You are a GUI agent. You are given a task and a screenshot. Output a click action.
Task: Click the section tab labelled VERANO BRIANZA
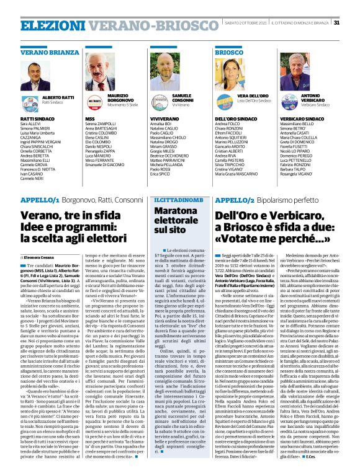[x=43, y=53]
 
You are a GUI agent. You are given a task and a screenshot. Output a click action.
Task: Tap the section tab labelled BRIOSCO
[x=228, y=53]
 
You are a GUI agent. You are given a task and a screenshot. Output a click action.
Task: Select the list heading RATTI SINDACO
[x=36, y=118]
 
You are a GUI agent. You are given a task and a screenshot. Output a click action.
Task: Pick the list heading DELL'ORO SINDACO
[x=235, y=117]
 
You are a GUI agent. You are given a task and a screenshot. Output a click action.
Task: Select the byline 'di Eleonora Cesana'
[x=43, y=238]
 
